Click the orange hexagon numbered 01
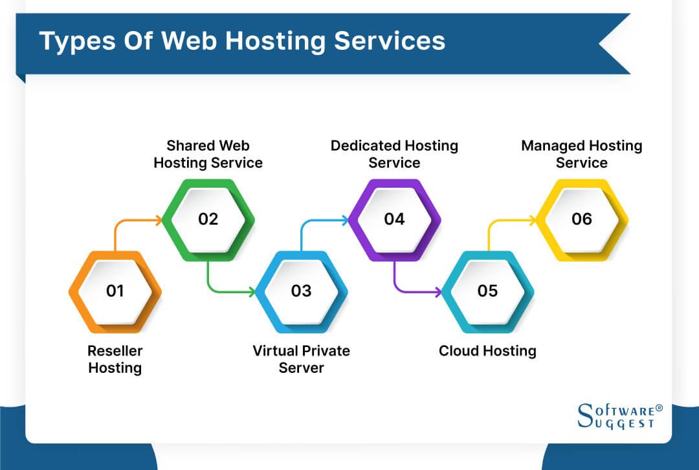[115, 291]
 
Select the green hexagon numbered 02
[208, 219]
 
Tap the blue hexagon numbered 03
[301, 291]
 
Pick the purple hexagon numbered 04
[394, 219]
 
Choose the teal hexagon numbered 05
[487, 291]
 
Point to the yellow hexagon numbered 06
[581, 219]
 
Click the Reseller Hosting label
[115, 359]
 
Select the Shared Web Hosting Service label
[208, 154]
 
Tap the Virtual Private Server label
[301, 359]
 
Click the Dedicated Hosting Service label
[394, 154]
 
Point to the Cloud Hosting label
[487, 351]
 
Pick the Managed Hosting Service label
[581, 154]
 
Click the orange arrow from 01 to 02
[129, 221]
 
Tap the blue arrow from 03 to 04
[317, 221]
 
